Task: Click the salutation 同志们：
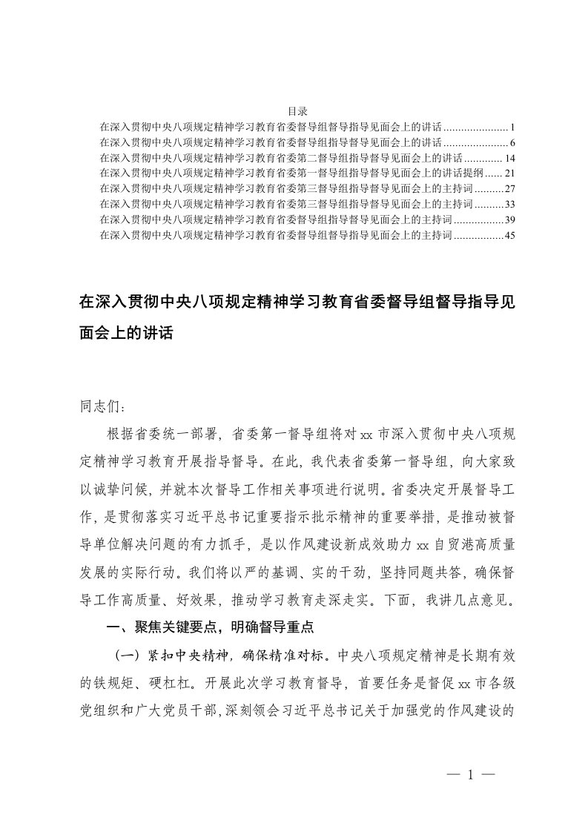click(103, 406)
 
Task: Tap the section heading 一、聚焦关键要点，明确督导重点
click(211, 627)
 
